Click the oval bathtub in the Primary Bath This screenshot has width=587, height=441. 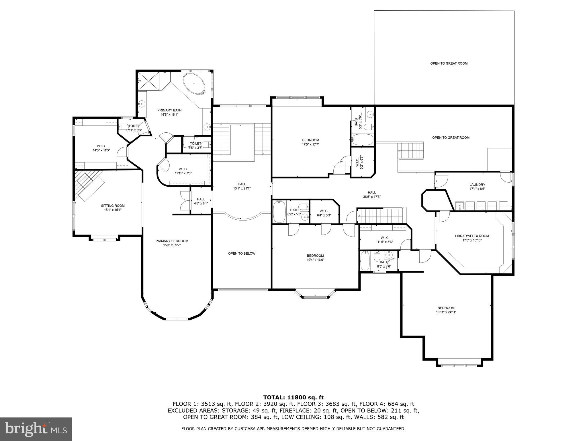click(x=195, y=84)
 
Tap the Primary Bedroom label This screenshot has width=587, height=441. click(x=172, y=241)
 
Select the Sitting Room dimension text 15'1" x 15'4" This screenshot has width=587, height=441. click(x=113, y=210)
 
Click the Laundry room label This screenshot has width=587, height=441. click(x=477, y=185)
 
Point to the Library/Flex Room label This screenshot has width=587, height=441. click(x=472, y=236)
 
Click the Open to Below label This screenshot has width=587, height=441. click(x=241, y=254)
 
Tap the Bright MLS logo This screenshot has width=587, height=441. click(x=36, y=429)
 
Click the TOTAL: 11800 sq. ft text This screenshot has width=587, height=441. click(x=293, y=397)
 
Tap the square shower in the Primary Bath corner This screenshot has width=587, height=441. click(x=148, y=81)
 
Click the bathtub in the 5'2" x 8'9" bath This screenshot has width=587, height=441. click(x=362, y=140)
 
